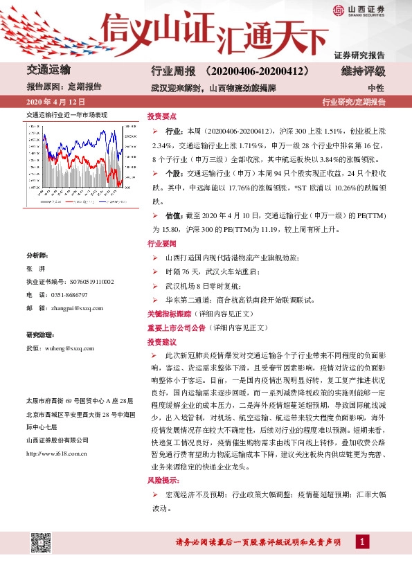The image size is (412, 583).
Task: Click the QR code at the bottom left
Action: [x=41, y=543]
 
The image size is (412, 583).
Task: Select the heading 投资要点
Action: [x=162, y=117]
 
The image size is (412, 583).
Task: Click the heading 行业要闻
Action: [x=162, y=244]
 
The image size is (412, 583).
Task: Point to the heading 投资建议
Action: [x=162, y=342]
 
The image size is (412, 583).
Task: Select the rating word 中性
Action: [x=376, y=88]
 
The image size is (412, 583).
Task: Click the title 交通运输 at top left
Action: [x=48, y=71]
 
